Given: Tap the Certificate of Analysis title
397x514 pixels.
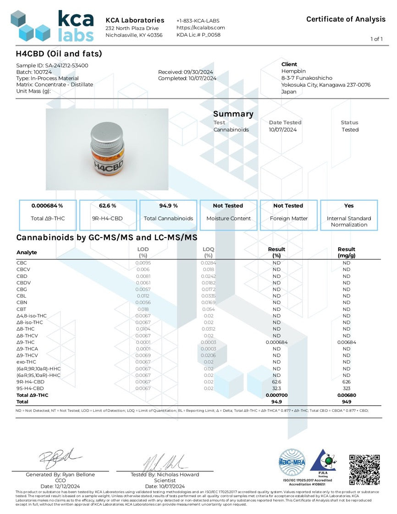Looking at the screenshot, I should [346, 19].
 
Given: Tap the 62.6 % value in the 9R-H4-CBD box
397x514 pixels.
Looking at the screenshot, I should [108, 206].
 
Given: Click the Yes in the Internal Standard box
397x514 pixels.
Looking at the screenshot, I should [349, 206].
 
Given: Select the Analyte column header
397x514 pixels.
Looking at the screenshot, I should [27, 253].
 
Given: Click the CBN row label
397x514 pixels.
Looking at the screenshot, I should [22, 303].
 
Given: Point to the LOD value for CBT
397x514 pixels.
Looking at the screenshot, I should [143, 310].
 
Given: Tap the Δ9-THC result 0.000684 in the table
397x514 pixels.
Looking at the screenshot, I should [276, 342].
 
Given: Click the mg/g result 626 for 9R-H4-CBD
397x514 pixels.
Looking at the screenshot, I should [346, 382].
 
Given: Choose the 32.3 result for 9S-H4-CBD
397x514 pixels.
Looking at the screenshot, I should [276, 388].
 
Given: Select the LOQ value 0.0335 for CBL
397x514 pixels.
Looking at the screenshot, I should [209, 296].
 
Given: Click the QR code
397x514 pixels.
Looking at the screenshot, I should [364, 470].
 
